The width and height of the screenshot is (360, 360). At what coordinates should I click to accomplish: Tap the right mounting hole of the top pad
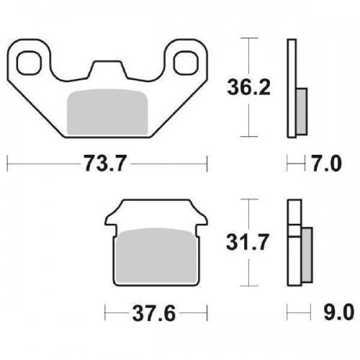click(186, 62)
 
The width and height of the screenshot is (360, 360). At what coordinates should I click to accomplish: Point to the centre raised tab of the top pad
click(107, 69)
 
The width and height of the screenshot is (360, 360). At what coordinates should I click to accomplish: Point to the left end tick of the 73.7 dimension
click(7, 164)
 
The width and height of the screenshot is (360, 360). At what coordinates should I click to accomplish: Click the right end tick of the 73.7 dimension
click(207, 164)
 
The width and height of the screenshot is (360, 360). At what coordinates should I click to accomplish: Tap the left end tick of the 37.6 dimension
click(106, 315)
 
